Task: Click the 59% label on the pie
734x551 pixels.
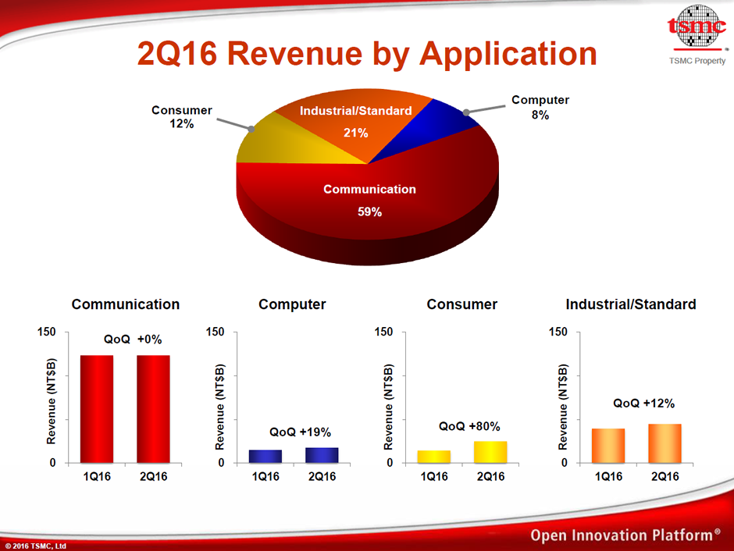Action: pyautogui.click(x=369, y=212)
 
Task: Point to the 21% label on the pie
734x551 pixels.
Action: pyautogui.click(x=355, y=132)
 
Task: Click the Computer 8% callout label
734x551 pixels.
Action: pyautogui.click(x=540, y=107)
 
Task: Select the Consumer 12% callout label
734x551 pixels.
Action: pyautogui.click(x=182, y=117)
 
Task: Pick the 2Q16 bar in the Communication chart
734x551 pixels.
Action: pyautogui.click(x=153, y=409)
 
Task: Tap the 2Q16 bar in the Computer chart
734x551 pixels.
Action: pyautogui.click(x=322, y=455)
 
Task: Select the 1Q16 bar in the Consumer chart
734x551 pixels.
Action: pyautogui.click(x=434, y=457)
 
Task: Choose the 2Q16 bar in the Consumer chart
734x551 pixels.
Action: pyautogui.click(x=490, y=452)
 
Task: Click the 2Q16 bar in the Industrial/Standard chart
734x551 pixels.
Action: pyautogui.click(x=665, y=443)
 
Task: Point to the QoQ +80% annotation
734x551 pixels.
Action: pyautogui.click(x=469, y=426)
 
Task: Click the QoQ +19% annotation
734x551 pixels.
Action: pyautogui.click(x=301, y=432)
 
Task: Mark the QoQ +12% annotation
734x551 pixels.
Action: pyautogui.click(x=644, y=403)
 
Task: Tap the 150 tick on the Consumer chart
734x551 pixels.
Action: pyautogui.click(x=384, y=332)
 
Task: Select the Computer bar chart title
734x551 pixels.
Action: pyautogui.click(x=292, y=304)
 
